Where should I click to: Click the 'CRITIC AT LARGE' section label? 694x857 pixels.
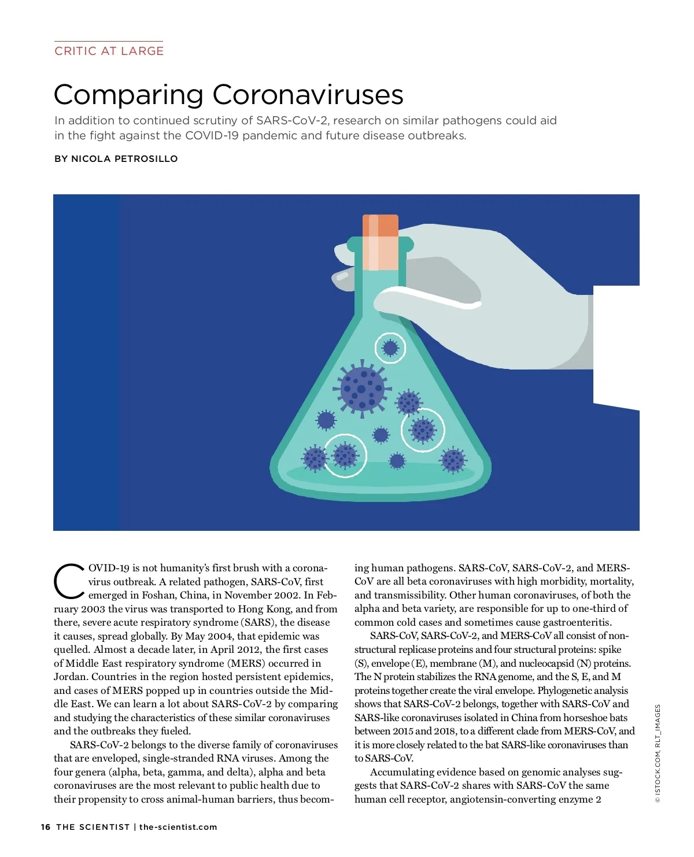(x=109, y=51)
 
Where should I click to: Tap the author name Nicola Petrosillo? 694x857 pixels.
(x=124, y=158)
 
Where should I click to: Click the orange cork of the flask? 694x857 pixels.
(x=380, y=226)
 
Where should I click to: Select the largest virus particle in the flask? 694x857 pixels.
(x=362, y=389)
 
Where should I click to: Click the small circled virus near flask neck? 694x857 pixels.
(x=390, y=348)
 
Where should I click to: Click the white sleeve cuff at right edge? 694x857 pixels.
(x=617, y=345)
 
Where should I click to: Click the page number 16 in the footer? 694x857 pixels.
(x=46, y=827)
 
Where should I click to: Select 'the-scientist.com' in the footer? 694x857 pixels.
(x=178, y=827)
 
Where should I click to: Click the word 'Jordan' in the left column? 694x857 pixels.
(x=70, y=677)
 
